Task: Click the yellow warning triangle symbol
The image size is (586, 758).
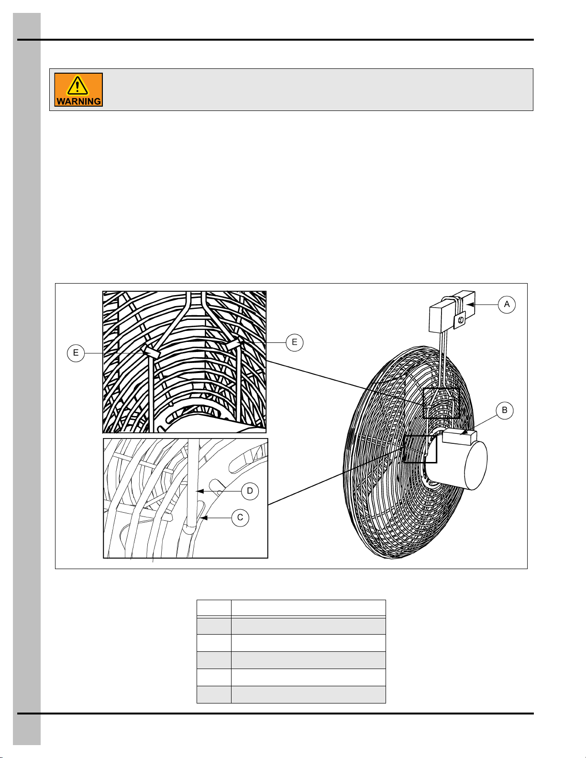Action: (x=77, y=86)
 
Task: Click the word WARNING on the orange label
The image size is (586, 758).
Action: (x=78, y=101)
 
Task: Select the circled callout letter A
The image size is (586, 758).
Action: (x=507, y=305)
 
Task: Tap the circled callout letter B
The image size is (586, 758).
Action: (x=504, y=410)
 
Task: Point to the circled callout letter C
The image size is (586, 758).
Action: (x=240, y=517)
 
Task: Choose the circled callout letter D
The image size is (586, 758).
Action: (x=250, y=491)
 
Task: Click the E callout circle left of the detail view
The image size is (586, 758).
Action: (x=76, y=353)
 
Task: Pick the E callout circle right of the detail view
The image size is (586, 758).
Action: (x=294, y=342)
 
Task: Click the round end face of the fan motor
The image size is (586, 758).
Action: (x=476, y=465)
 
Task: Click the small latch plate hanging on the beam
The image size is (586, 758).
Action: (x=460, y=320)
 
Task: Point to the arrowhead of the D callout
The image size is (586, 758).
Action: (x=199, y=491)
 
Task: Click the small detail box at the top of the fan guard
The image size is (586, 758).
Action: (x=441, y=403)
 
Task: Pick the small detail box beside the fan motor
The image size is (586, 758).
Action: (x=420, y=449)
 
